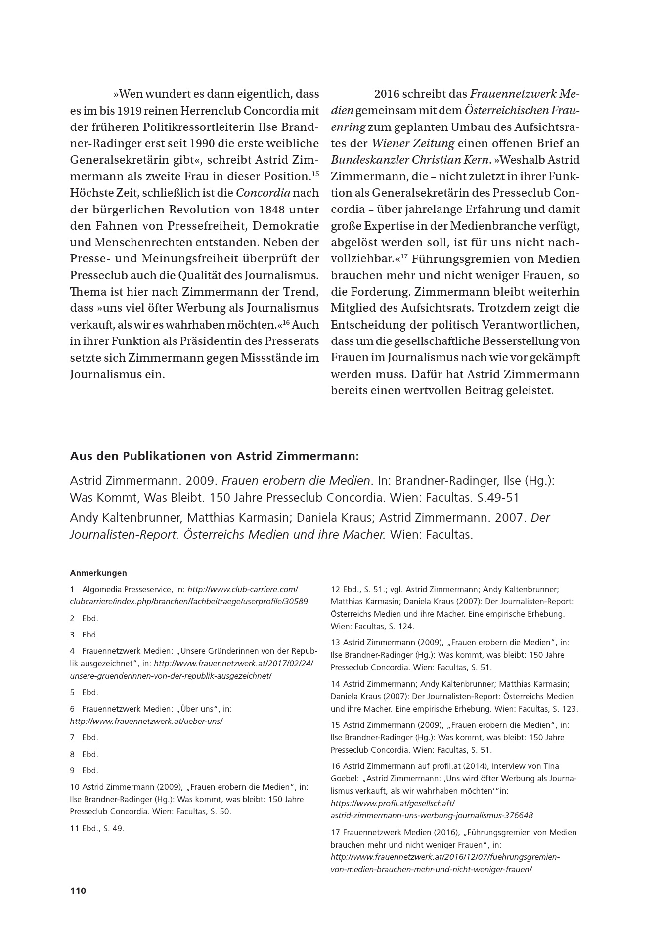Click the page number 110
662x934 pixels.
pos(78,891)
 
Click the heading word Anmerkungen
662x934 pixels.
pos(98,573)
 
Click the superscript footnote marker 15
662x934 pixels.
pos(315,174)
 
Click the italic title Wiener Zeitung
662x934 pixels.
pos(413,144)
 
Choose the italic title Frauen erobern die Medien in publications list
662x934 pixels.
pos(296,481)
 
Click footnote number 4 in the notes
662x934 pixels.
pos(72,651)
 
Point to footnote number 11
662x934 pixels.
pos(75,828)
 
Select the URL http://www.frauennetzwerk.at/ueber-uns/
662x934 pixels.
pos(146,721)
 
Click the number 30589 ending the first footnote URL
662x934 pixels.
pos(296,601)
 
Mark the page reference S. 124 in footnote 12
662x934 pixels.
pos(399,626)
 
